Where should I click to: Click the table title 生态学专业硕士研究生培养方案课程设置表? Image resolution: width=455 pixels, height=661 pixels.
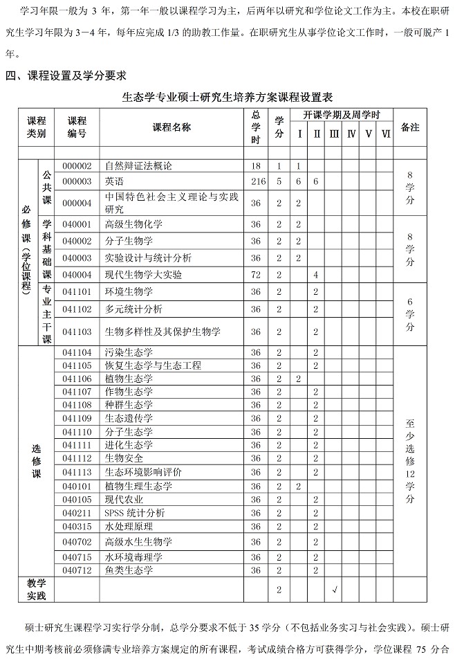click(x=228, y=96)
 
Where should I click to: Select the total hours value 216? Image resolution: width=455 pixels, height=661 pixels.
click(x=256, y=181)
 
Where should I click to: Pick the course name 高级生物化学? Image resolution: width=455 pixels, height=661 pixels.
click(x=133, y=224)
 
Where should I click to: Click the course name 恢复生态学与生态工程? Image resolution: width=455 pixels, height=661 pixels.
click(x=153, y=365)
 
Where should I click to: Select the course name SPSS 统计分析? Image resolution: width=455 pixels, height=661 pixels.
click(x=135, y=513)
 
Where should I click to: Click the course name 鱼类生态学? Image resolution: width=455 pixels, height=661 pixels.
click(x=129, y=570)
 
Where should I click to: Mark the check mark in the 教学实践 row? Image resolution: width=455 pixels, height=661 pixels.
click(x=335, y=590)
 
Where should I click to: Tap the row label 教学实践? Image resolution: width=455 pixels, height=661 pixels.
click(x=36, y=589)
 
